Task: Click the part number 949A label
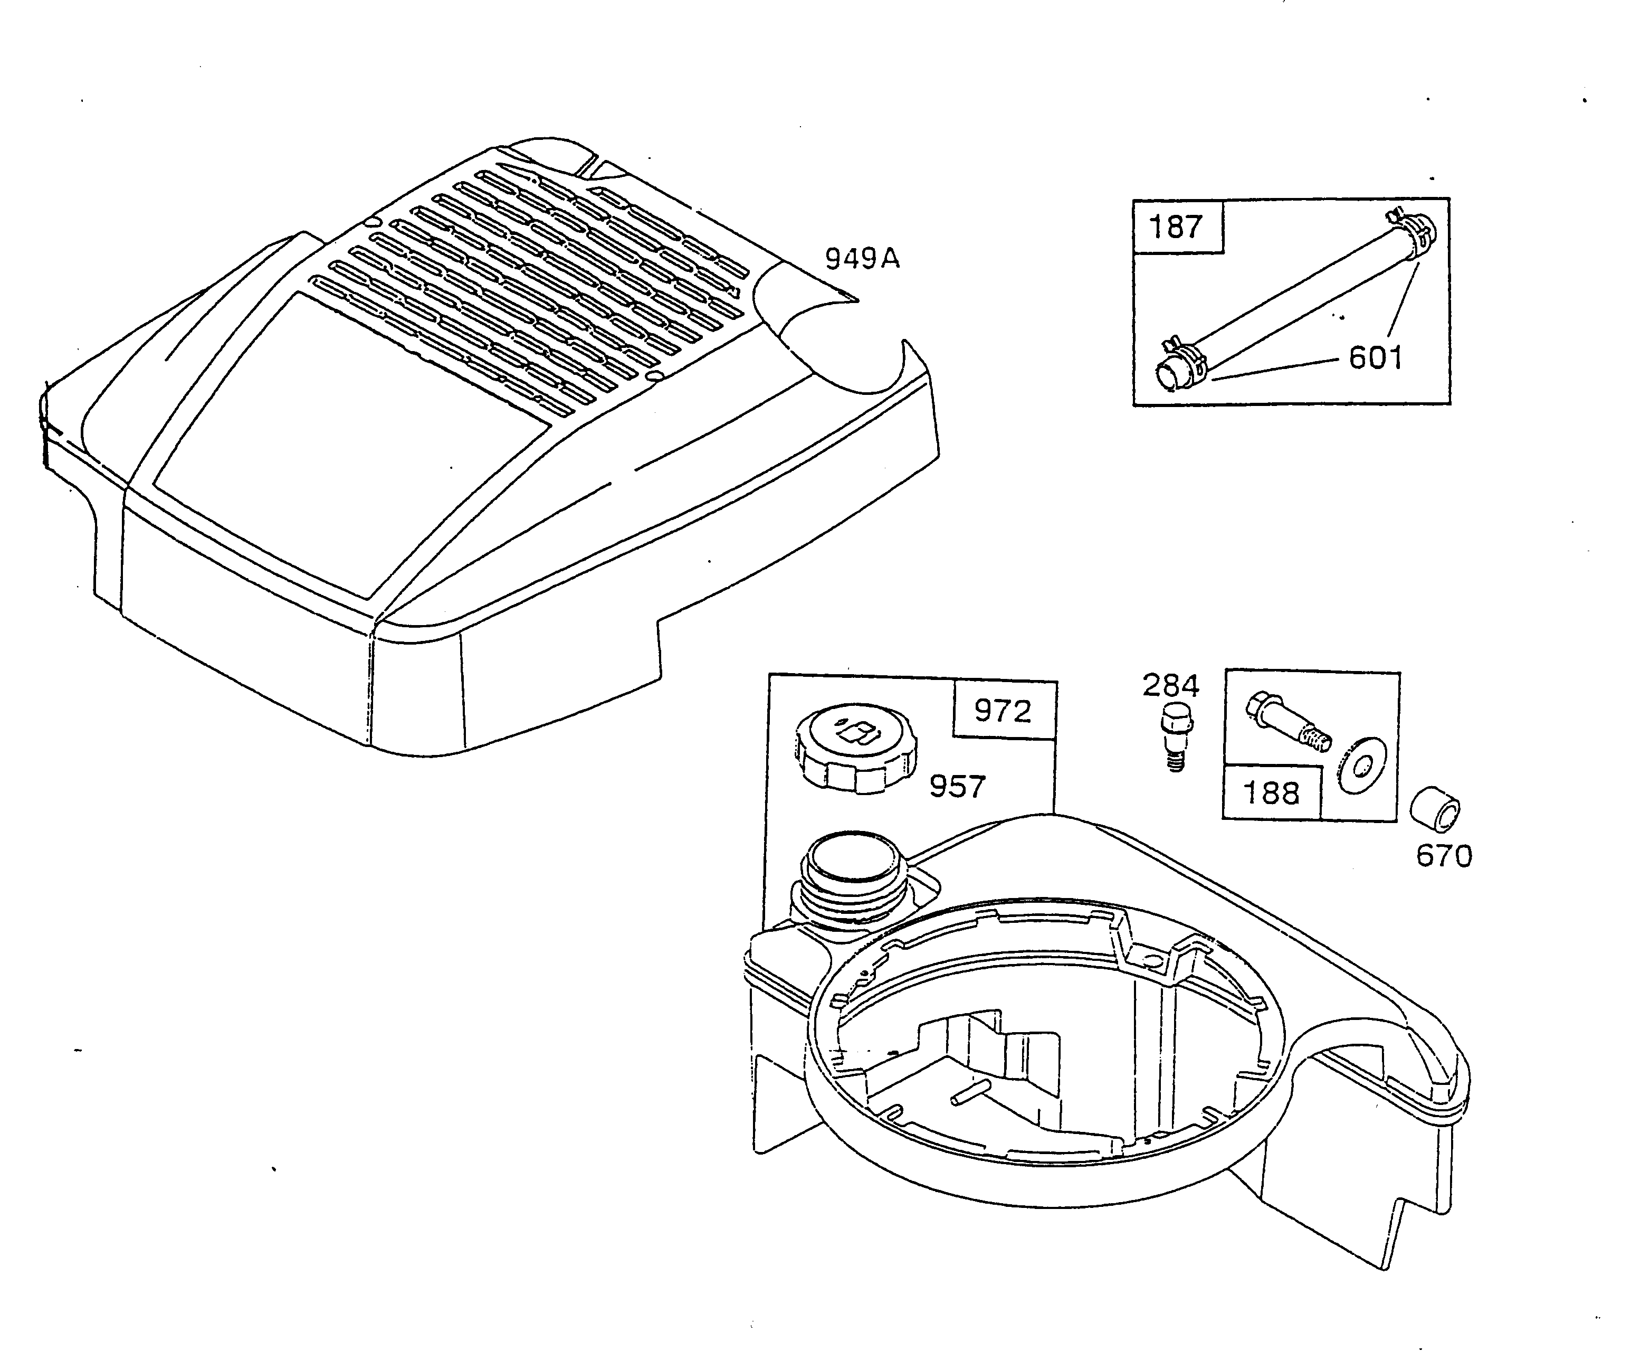[862, 258]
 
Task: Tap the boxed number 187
[1175, 227]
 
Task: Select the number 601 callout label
[1376, 358]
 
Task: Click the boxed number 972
[1003, 710]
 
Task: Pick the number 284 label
[1170, 685]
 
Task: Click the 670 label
[1444, 856]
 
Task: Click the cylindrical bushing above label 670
[1435, 810]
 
